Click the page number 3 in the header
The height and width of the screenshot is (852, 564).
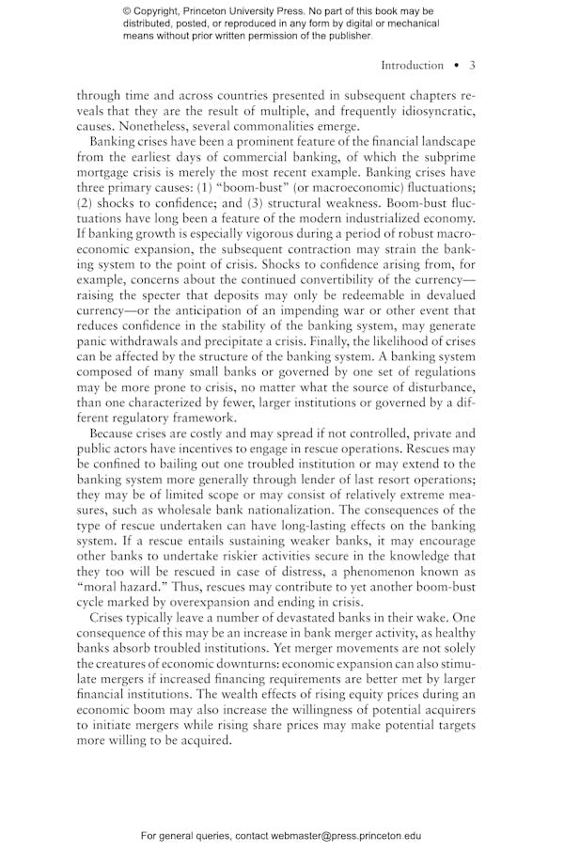tap(472, 66)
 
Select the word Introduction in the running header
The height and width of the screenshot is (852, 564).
tap(412, 66)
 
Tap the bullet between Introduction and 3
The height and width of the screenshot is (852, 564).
tap(456, 66)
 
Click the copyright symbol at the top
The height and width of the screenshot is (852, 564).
tap(127, 10)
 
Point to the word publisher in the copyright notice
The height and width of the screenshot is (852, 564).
tap(348, 37)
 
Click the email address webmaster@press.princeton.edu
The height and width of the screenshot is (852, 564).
tap(345, 835)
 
